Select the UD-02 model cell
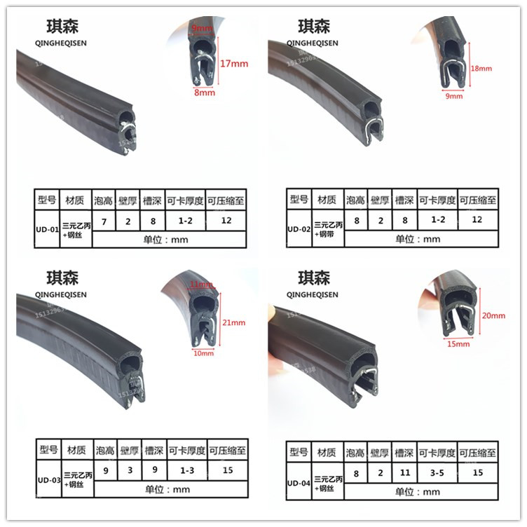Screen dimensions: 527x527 [299, 228]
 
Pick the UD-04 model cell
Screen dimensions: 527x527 [298, 482]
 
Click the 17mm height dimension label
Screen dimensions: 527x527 [234, 64]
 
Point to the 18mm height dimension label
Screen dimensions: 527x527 [482, 69]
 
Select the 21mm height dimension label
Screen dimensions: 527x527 [234, 323]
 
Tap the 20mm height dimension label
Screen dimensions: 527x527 [493, 316]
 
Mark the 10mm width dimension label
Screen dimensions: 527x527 [203, 353]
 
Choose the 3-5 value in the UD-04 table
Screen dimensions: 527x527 [438, 473]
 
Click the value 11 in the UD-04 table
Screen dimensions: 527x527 [404, 473]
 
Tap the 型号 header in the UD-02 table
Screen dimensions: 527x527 [299, 200]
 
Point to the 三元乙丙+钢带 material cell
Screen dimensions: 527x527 [328, 228]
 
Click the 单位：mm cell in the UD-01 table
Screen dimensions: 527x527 [168, 238]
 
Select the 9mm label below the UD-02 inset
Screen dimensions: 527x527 [454, 96]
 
